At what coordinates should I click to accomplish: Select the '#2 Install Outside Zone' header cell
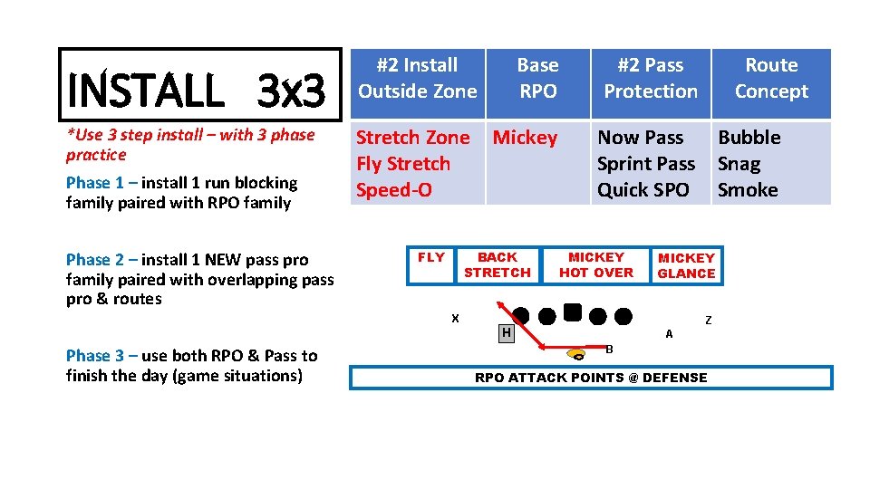(x=417, y=79)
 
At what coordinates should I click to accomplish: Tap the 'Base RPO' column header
(x=537, y=79)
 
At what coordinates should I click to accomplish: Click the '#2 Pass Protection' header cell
(x=651, y=79)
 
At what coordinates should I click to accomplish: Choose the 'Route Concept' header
(x=771, y=79)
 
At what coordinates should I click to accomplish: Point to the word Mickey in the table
(x=525, y=138)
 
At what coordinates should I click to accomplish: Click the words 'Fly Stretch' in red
(x=402, y=164)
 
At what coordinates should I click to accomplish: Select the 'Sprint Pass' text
(x=645, y=164)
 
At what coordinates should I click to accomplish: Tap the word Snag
(x=739, y=164)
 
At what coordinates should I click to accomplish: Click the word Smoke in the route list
(x=748, y=190)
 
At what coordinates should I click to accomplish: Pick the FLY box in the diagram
(x=431, y=258)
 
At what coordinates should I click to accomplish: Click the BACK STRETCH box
(x=498, y=265)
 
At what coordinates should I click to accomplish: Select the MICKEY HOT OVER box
(x=596, y=265)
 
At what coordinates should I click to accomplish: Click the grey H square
(x=507, y=333)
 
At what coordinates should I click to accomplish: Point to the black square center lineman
(x=572, y=313)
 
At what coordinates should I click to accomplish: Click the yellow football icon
(x=577, y=354)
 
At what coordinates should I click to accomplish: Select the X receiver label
(x=455, y=318)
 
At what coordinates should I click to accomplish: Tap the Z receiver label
(x=709, y=320)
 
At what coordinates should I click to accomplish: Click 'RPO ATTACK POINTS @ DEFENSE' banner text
(x=591, y=378)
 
